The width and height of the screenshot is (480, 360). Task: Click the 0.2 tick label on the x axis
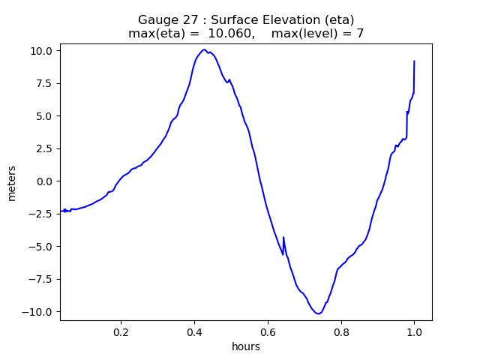pos(121,333)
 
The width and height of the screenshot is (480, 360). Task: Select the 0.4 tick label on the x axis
pos(195,333)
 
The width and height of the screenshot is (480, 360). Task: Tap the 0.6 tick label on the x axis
pos(268,333)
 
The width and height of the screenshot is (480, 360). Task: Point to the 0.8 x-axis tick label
pos(341,333)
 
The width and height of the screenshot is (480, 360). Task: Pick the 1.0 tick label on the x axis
pos(414,333)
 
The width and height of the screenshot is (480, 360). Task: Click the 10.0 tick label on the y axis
pos(41,51)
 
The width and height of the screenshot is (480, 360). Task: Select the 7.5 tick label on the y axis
pos(43,83)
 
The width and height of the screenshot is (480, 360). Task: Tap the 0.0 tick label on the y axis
pos(43,181)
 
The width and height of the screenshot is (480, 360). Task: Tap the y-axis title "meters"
pos(12,182)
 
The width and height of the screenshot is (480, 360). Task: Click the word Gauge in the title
pos(157,20)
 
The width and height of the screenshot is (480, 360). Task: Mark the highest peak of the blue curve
pos(204,49)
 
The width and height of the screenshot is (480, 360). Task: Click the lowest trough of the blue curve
pos(319,313)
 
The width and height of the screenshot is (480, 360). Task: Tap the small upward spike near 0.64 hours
pos(283,238)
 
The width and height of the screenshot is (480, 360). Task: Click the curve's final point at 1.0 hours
pos(414,61)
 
